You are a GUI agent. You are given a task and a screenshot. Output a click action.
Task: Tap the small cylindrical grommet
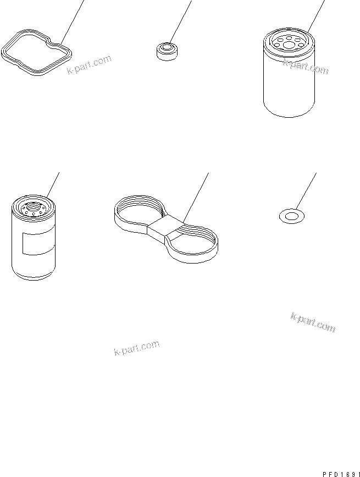pyautogui.click(x=167, y=51)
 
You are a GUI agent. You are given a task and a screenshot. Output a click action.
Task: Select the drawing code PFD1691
pyautogui.click(x=341, y=474)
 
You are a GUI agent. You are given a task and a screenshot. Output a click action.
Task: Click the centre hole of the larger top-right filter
pyautogui.click(x=289, y=46)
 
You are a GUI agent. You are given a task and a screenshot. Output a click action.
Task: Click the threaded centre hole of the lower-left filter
pyautogui.click(x=32, y=208)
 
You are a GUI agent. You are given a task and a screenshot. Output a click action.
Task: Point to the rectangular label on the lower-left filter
pyautogui.click(x=38, y=244)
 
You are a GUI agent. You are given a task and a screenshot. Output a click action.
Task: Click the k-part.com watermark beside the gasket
pyautogui.click(x=88, y=64)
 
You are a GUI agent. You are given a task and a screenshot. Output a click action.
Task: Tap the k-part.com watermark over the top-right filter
pyautogui.click(x=306, y=67)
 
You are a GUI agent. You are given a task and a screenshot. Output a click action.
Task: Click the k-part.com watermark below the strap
pyautogui.click(x=137, y=348)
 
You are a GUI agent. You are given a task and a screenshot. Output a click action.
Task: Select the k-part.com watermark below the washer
pyautogui.click(x=313, y=322)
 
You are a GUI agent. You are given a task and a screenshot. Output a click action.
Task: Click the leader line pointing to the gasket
pyautogui.click(x=72, y=22)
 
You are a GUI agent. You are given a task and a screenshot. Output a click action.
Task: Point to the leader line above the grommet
pyautogui.click(x=180, y=22)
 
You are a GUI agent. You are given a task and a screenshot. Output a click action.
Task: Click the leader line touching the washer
pyautogui.click(x=306, y=191)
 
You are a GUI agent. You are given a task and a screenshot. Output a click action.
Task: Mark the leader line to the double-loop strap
pyautogui.click(x=196, y=198)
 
